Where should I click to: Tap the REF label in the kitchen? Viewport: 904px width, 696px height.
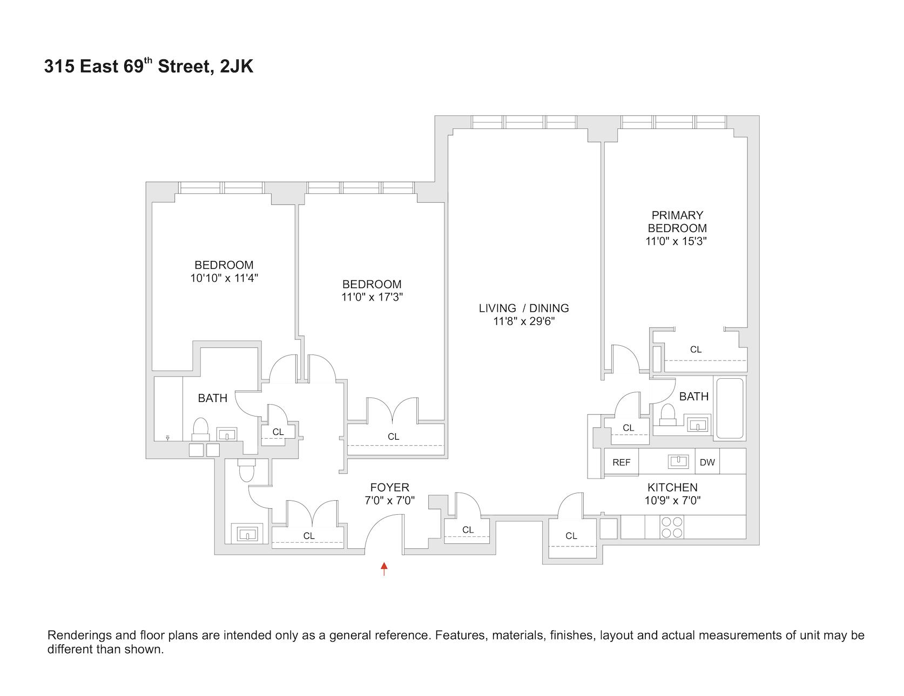click(x=621, y=462)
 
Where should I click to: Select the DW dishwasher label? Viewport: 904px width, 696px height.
click(x=707, y=462)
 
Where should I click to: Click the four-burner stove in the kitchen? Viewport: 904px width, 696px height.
click(x=671, y=527)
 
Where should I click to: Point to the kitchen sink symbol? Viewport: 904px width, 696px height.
click(x=678, y=461)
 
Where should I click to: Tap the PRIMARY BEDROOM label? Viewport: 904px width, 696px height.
click(x=677, y=222)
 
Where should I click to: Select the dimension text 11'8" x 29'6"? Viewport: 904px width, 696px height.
click(x=524, y=322)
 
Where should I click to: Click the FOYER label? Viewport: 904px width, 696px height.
click(x=389, y=488)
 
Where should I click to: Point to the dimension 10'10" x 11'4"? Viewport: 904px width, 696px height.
click(x=224, y=278)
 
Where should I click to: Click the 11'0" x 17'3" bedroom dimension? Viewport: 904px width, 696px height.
click(x=372, y=297)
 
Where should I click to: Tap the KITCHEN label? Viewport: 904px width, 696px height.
click(x=672, y=487)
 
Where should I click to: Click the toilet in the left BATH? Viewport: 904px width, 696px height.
click(x=200, y=429)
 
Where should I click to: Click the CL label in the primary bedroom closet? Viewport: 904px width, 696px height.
click(x=696, y=350)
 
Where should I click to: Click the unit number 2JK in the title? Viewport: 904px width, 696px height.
click(x=237, y=67)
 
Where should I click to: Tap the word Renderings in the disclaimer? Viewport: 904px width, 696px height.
click(x=77, y=636)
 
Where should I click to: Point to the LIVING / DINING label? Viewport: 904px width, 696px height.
click(x=524, y=308)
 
